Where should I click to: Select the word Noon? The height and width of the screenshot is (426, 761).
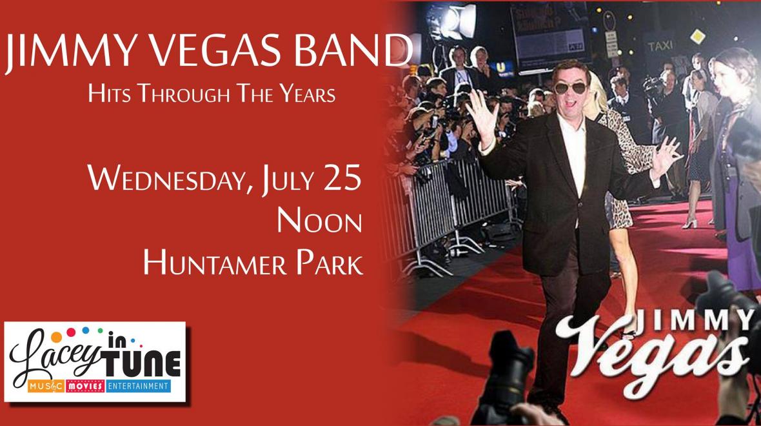[319, 221]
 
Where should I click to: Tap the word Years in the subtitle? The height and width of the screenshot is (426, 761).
[307, 94]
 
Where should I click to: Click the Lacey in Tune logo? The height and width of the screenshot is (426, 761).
[95, 361]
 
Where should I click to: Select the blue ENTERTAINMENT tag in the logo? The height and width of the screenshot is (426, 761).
[138, 386]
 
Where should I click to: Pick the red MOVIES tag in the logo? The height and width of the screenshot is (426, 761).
[85, 386]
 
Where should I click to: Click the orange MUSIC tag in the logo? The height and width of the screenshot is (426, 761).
[46, 386]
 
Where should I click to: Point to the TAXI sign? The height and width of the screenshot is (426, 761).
[660, 46]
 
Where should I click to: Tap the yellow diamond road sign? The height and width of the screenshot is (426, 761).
[697, 36]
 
